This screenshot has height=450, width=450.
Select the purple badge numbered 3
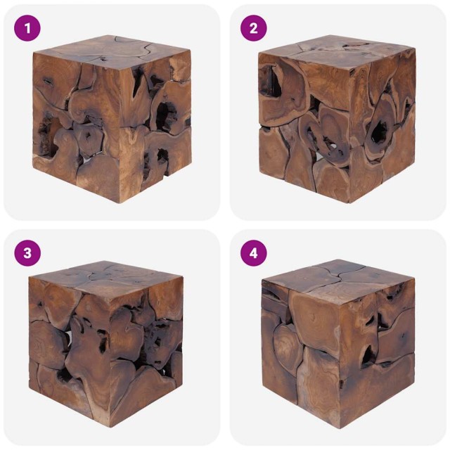pos(27,253)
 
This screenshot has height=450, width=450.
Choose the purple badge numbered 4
pos(253,253)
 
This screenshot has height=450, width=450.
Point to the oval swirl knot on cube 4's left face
pos(285,345)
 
